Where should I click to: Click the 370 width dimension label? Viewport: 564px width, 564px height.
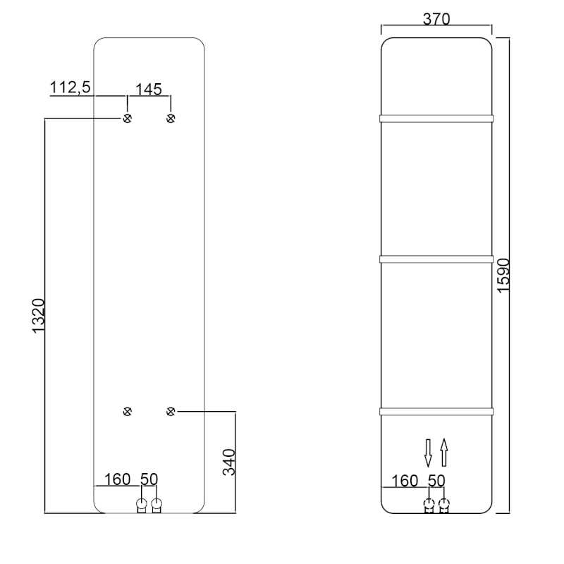click(x=436, y=19)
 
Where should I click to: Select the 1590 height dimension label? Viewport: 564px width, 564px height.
click(x=503, y=276)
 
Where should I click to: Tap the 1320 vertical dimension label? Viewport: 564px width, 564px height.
click(x=39, y=316)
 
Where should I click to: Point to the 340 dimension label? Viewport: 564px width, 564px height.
click(x=228, y=462)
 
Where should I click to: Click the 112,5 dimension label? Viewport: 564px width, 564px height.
click(x=70, y=87)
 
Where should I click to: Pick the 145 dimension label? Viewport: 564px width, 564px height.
click(x=149, y=90)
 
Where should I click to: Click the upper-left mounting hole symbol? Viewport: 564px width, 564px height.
click(x=128, y=118)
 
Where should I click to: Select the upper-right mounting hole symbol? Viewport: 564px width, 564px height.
click(x=171, y=118)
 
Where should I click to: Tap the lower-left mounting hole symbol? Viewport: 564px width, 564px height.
click(x=128, y=412)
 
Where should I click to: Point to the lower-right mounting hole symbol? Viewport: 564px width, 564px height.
click(x=171, y=412)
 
